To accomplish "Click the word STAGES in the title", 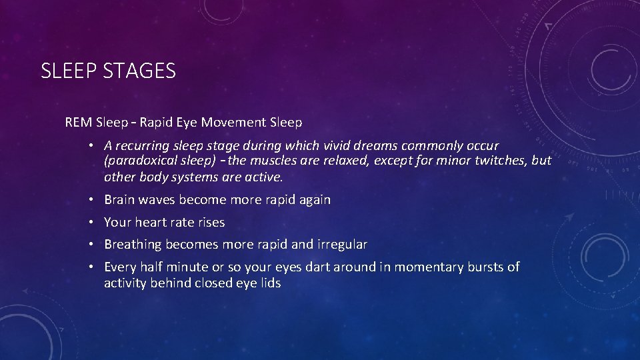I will point(139,71).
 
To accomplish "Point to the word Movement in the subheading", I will point(235,123).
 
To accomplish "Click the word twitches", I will point(492,161).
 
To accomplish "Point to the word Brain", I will point(120,200).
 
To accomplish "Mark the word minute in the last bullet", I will point(190,267).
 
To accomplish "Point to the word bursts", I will point(485,267).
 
